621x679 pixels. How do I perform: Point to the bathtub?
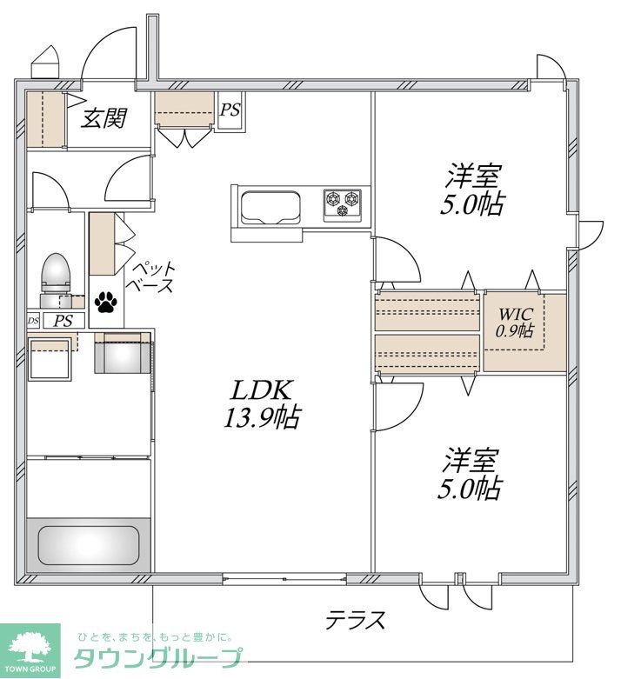tap(90, 544)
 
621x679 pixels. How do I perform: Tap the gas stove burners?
tap(343, 204)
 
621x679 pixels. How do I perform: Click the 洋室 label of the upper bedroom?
tap(472, 176)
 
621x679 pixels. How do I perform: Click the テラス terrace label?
tap(355, 620)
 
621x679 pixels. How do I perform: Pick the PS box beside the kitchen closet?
tap(230, 110)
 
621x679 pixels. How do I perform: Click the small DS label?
tap(33, 321)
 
